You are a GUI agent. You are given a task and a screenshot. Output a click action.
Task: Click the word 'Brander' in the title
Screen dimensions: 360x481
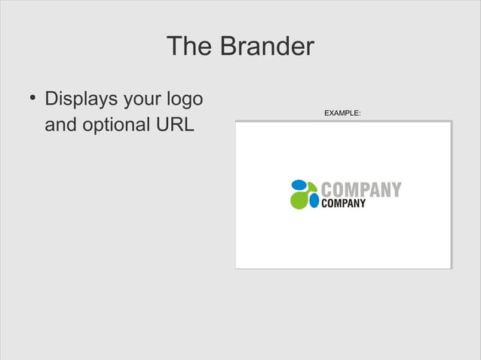coord(266,47)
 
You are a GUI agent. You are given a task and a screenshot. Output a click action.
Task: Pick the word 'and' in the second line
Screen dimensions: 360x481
coord(60,124)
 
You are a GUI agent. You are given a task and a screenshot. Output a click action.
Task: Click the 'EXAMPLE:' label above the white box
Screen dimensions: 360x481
coord(342,113)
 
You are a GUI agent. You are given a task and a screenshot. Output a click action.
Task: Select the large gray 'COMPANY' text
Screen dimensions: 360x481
coord(361,190)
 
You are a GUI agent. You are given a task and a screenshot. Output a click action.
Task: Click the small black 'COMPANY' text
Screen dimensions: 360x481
coord(344,203)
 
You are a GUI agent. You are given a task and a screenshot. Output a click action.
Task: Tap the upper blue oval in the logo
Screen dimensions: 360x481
coord(299,185)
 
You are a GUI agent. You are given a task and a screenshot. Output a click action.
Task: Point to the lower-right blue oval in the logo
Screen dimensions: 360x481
coord(314,201)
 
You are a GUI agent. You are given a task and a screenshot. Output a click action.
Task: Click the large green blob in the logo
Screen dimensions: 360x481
coord(300,199)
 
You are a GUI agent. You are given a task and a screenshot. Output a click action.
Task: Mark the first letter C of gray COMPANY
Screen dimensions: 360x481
coord(327,190)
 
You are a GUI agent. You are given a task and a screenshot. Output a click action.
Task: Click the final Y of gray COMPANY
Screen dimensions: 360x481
coord(396,190)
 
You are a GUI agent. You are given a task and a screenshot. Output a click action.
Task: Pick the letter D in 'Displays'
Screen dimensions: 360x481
coord(52,99)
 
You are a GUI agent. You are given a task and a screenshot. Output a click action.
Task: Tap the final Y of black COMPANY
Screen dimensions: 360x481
coord(363,203)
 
